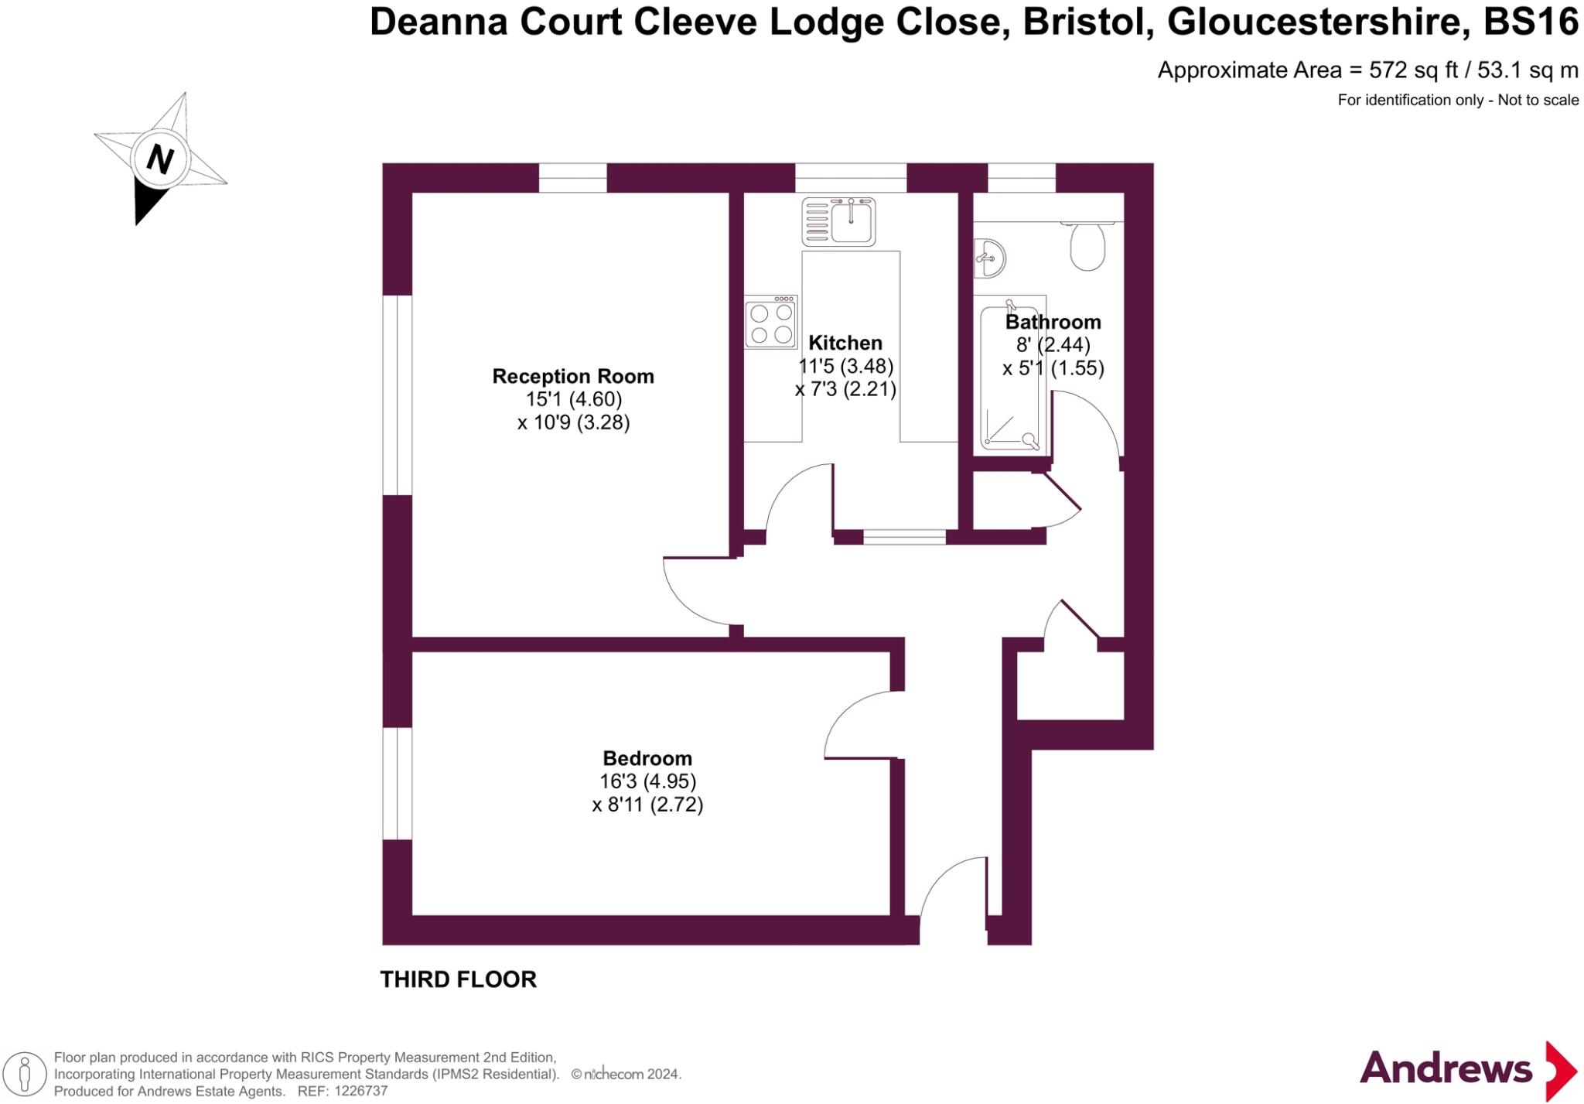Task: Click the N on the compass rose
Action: click(x=159, y=159)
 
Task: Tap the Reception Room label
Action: click(x=573, y=377)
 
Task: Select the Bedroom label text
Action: click(x=647, y=758)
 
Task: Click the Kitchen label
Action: click(x=845, y=343)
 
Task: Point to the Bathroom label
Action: click(x=1053, y=322)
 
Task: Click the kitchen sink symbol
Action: click(x=839, y=221)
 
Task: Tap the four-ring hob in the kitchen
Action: click(x=771, y=323)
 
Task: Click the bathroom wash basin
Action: click(x=990, y=258)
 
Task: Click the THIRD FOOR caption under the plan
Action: click(x=458, y=979)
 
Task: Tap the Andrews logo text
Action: click(x=1446, y=1069)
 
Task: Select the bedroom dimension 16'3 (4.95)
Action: click(x=647, y=781)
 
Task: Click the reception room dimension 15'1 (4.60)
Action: click(x=573, y=399)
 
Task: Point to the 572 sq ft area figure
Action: click(x=1413, y=70)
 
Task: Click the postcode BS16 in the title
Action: click(x=1531, y=22)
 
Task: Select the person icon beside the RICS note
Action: click(x=25, y=1075)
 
